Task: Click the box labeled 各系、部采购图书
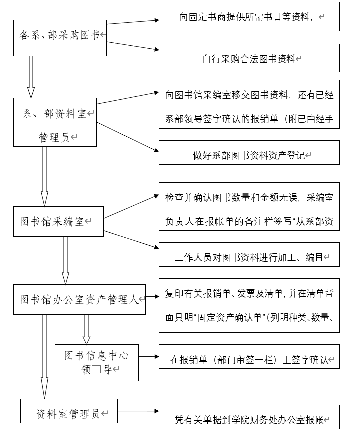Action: [x=60, y=38]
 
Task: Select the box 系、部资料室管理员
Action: [x=55, y=122]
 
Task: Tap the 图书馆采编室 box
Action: [x=58, y=221]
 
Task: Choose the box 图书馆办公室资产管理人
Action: [x=80, y=299]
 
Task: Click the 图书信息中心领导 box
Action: [x=97, y=362]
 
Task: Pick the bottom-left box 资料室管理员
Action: [x=69, y=411]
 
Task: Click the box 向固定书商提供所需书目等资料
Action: [x=249, y=16]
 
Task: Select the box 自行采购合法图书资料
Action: [x=249, y=58]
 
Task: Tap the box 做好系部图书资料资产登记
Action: [x=249, y=152]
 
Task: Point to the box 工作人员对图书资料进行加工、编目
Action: [x=249, y=255]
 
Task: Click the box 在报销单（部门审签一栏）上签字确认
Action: [x=249, y=357]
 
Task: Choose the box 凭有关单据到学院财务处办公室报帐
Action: [x=249, y=417]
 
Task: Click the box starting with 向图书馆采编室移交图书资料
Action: [x=249, y=104]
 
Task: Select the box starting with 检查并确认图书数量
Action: [x=249, y=207]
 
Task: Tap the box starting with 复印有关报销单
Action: [x=249, y=305]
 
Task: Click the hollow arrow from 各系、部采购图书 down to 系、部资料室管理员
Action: [x=31, y=77]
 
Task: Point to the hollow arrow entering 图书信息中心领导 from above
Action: [x=87, y=330]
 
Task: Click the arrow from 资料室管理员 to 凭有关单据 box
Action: [x=138, y=411]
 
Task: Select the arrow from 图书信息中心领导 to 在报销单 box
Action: [x=149, y=357]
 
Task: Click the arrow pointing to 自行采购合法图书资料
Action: [x=133, y=46]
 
